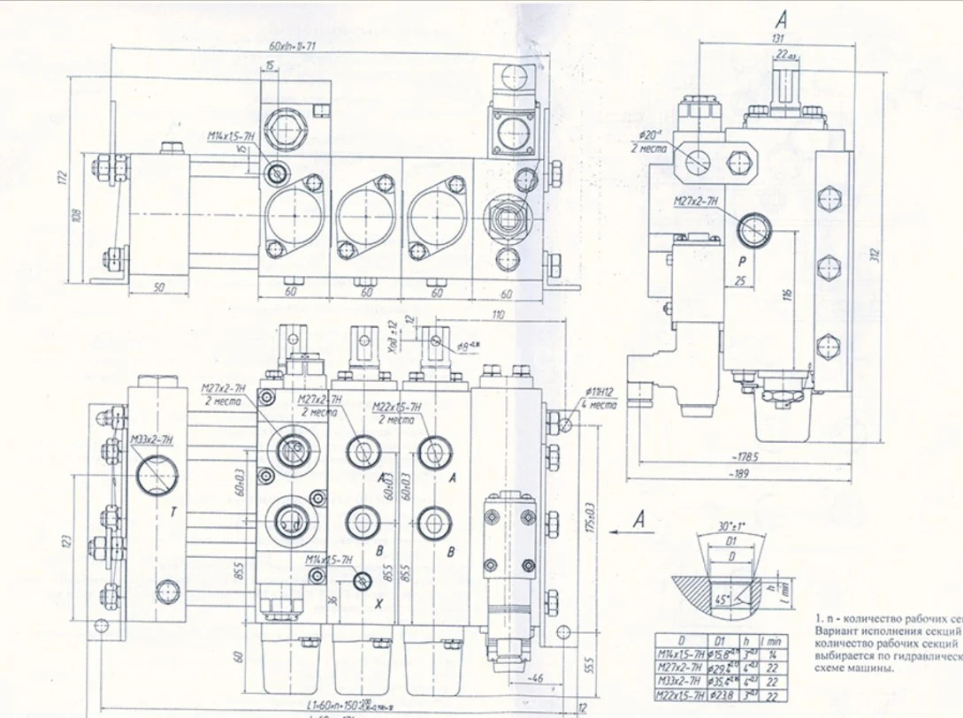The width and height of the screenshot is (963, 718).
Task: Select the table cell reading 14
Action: [773, 654]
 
